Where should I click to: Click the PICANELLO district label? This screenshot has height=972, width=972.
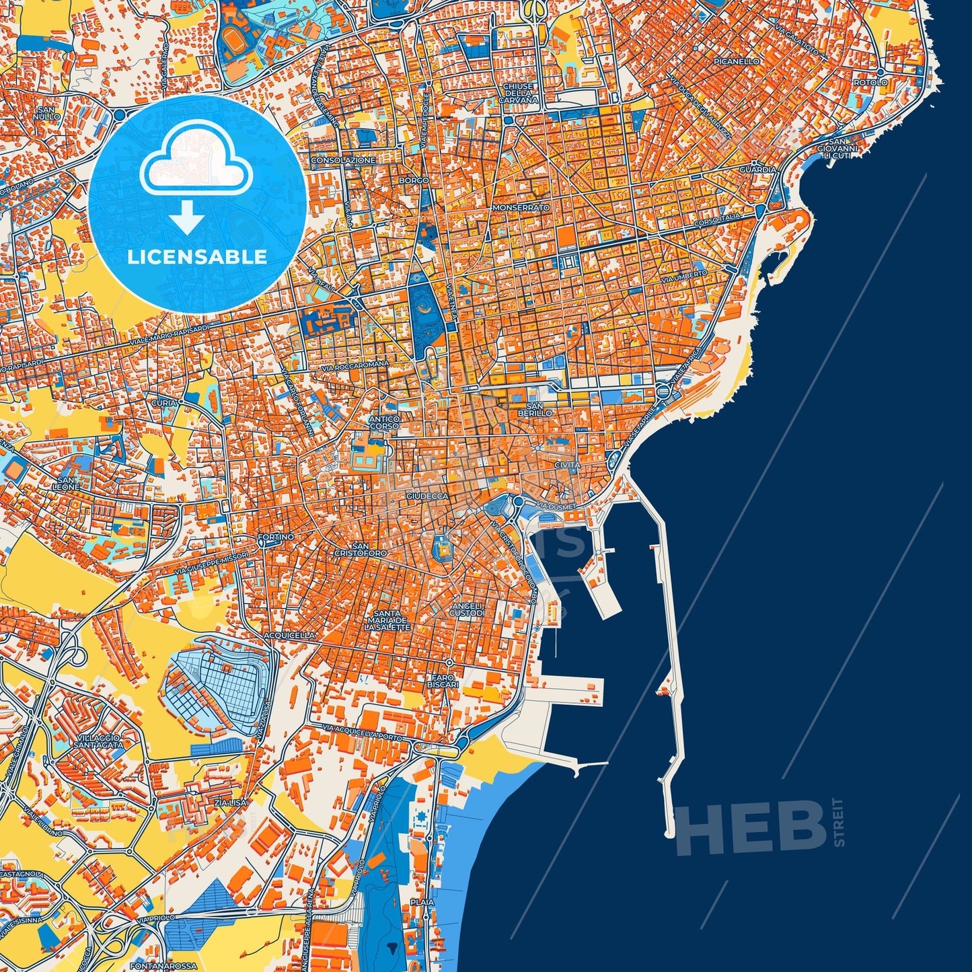737,61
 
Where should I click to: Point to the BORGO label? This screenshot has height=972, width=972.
414,181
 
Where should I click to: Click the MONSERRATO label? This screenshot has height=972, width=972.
521,208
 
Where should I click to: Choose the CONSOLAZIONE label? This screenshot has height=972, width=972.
343,161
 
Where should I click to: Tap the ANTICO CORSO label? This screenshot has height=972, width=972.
385,422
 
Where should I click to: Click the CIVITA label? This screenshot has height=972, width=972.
568,465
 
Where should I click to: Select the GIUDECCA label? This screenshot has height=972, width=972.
427,496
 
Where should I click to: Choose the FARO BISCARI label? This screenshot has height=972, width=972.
442,681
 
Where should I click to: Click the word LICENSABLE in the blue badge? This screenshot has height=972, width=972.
198,256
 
